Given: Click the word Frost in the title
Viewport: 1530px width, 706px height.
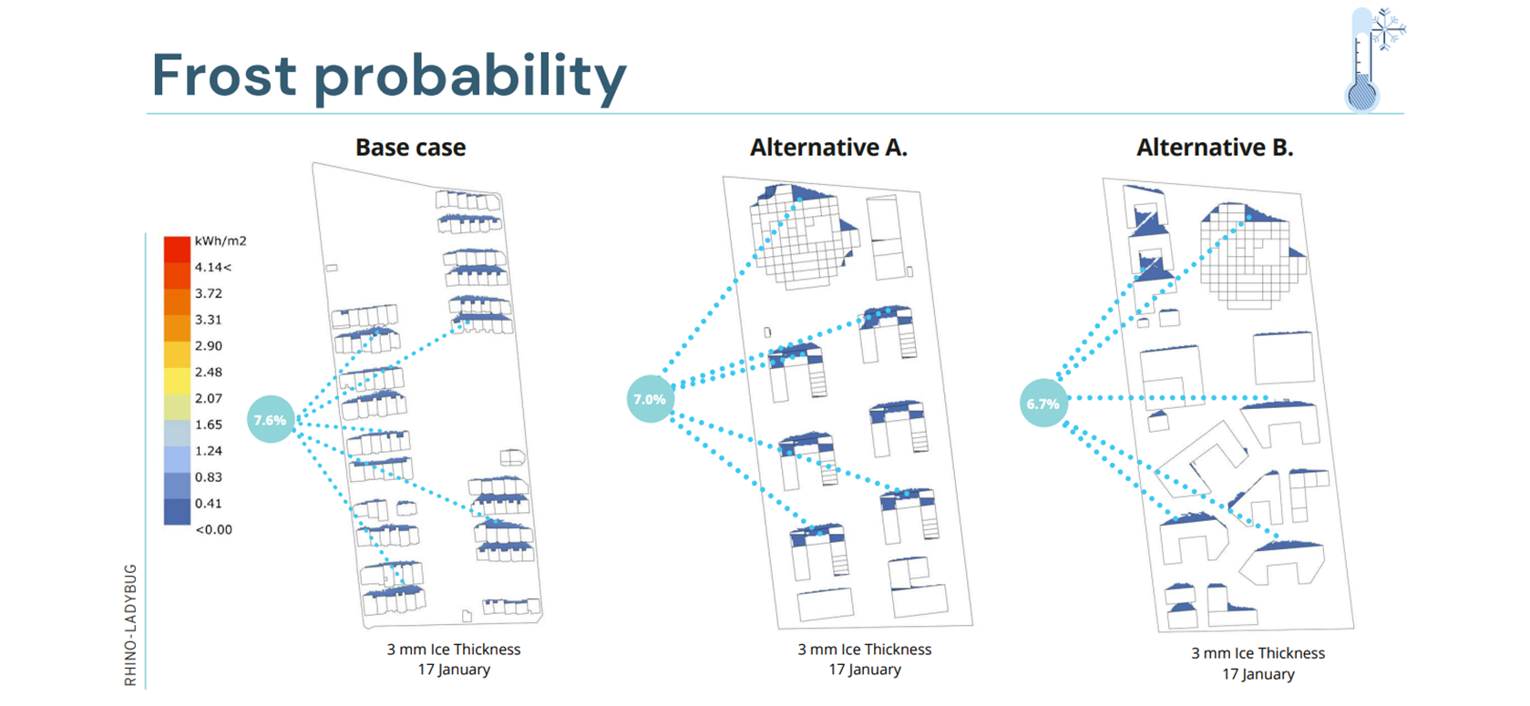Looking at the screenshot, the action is (224, 75).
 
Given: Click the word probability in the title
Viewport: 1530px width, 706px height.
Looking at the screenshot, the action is (470, 79).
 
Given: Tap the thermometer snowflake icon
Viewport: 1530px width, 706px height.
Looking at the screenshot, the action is (1374, 60).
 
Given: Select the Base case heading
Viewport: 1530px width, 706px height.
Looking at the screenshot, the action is (410, 148).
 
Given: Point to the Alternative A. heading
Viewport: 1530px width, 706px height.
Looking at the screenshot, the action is (828, 148).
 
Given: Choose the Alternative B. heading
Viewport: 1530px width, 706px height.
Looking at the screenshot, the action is (1215, 148).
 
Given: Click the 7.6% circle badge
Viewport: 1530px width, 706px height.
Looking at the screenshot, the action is (271, 419).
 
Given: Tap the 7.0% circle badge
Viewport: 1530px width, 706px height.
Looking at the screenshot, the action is (651, 399).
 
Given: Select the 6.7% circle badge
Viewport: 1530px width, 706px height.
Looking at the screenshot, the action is (1043, 404).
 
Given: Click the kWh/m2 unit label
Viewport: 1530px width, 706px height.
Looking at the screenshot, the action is (221, 241).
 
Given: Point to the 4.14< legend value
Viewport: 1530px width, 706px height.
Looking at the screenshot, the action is (213, 267).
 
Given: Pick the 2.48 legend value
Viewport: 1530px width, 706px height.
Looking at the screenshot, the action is (209, 372).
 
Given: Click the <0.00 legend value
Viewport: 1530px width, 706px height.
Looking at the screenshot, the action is (214, 530).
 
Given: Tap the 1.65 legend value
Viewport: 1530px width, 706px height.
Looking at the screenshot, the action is (209, 425).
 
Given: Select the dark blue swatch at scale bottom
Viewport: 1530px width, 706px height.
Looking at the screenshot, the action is (177, 511).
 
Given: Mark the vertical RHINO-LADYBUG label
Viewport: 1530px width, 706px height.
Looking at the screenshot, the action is (130, 625).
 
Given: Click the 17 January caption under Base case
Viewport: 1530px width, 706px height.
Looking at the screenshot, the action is (454, 670).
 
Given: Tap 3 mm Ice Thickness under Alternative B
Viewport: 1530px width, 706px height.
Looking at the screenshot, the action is (1258, 653).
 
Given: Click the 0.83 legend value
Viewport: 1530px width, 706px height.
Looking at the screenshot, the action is (209, 477).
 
